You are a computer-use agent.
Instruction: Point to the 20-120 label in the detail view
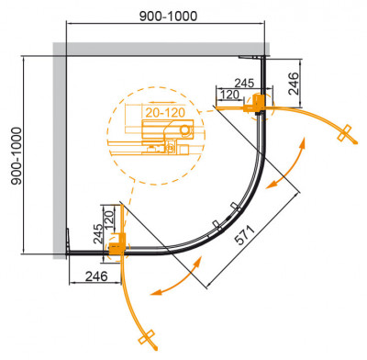tap(162, 112)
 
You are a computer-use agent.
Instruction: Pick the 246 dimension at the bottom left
tap(95, 275)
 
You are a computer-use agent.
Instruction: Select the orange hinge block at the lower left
tap(117, 245)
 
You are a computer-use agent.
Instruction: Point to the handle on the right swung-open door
tap(346, 133)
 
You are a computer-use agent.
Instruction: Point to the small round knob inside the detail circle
tap(186, 130)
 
